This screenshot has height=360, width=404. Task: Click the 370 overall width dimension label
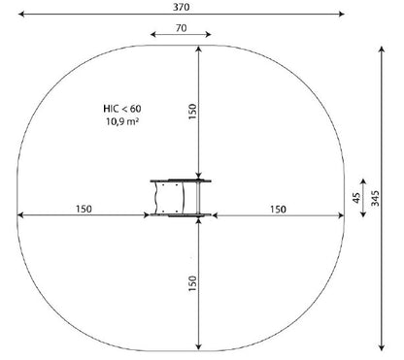pyautogui.click(x=181, y=7)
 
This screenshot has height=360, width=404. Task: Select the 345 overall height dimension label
pyautogui.click(x=375, y=199)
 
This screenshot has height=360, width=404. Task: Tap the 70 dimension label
pyautogui.click(x=182, y=28)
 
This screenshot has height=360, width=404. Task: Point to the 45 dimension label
pyautogui.click(x=356, y=198)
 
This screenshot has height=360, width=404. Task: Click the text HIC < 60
pyautogui.click(x=122, y=109)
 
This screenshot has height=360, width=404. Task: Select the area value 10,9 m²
pyautogui.click(x=122, y=121)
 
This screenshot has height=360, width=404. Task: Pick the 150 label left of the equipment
pyautogui.click(x=84, y=209)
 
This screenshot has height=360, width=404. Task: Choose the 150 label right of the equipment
pyautogui.click(x=278, y=210)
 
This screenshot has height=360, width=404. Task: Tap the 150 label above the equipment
pyautogui.click(x=192, y=112)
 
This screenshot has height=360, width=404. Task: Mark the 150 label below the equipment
pyautogui.click(x=192, y=283)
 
